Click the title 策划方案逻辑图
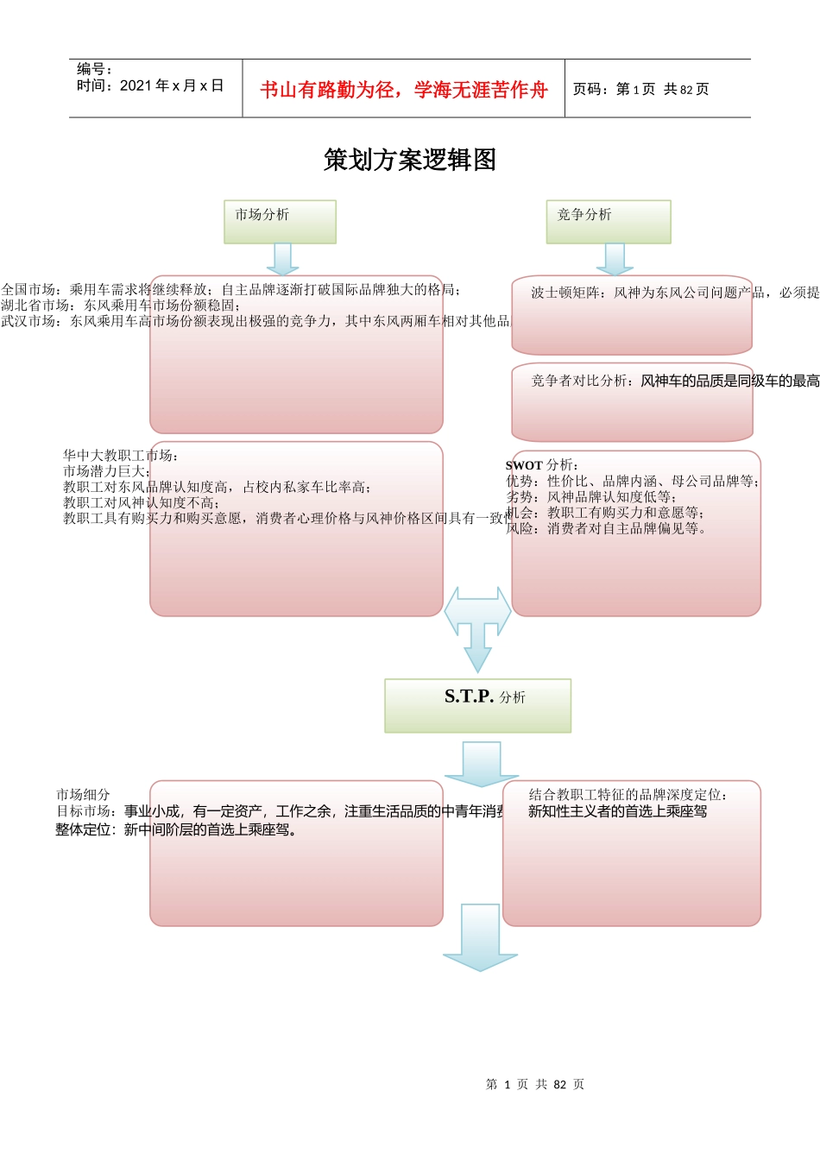pyautogui.click(x=409, y=160)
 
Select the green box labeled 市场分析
pyautogui.click(x=280, y=222)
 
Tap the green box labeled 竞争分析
pyautogui.click(x=608, y=222)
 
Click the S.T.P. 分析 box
pyautogui.click(x=477, y=705)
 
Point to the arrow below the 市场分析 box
pyautogui.click(x=281, y=258)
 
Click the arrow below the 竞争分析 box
pyautogui.click(x=615, y=258)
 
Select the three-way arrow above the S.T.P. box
pyautogui.click(x=477, y=625)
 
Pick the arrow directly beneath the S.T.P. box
pyautogui.click(x=481, y=763)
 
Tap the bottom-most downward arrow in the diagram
pyautogui.click(x=480, y=937)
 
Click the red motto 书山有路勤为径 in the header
pyautogui.click(x=403, y=90)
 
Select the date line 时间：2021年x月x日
pyautogui.click(x=150, y=85)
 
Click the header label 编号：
pyautogui.click(x=95, y=69)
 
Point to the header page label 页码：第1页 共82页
pyautogui.click(x=640, y=89)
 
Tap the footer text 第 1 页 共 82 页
pyautogui.click(x=535, y=1084)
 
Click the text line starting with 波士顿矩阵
pyautogui.click(x=673, y=293)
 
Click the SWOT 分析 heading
pyautogui.click(x=542, y=464)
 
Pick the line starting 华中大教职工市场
pyautogui.click(x=121, y=455)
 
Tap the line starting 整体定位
pyautogui.click(x=177, y=829)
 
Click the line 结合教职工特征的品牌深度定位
pyautogui.click(x=628, y=794)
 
